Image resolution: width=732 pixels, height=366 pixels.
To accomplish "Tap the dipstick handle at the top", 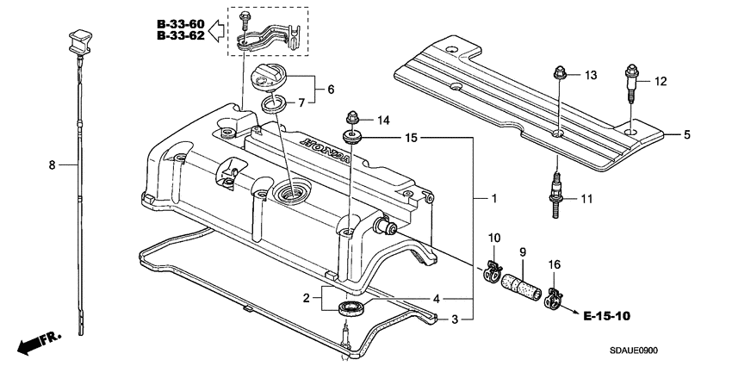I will [x=77, y=40].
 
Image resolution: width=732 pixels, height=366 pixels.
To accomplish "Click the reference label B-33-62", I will [x=181, y=36].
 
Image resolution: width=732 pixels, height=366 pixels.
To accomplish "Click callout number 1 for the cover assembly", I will [x=493, y=198].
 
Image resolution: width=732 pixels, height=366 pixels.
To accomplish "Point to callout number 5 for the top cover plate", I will [x=687, y=134].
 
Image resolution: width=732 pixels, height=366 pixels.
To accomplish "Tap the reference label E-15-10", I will [x=606, y=316].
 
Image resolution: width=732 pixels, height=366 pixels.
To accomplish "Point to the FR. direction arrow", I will [x=40, y=343].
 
